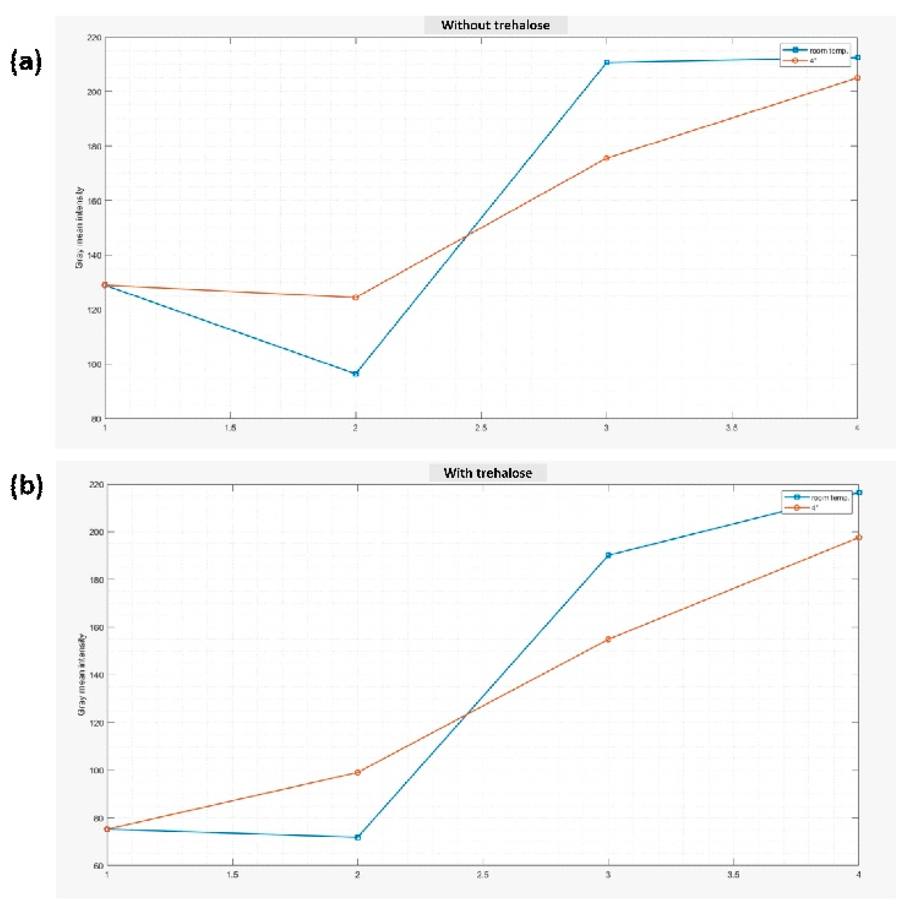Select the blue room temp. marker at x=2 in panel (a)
pyautogui.click(x=356, y=373)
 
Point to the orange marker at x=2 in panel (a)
pyautogui.click(x=356, y=297)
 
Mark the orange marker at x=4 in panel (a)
pyautogui.click(x=857, y=78)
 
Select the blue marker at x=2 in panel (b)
pyautogui.click(x=357, y=838)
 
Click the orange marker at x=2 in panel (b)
pyautogui.click(x=357, y=773)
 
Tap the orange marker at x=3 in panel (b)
pyautogui.click(x=608, y=639)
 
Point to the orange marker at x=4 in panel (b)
pyautogui.click(x=859, y=537)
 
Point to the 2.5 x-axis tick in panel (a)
pyautogui.click(x=481, y=428)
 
